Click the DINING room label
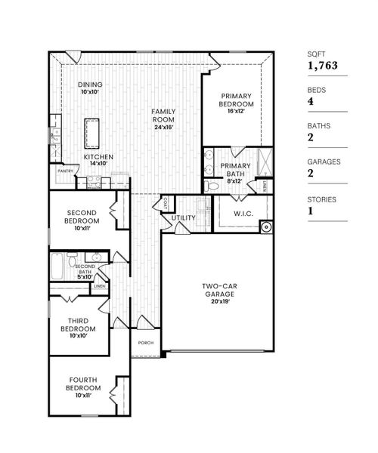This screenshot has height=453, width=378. click(90, 85)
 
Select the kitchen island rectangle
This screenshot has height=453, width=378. click(93, 133)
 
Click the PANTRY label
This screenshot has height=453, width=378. click(65, 171)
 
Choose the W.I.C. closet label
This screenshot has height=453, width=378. click(243, 213)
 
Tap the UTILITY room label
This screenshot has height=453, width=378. click(184, 218)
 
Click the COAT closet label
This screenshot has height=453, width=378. click(165, 202)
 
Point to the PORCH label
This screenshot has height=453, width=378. click(146, 342)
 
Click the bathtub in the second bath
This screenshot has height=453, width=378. click(57, 266)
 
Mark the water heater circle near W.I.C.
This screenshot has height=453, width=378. click(265, 225)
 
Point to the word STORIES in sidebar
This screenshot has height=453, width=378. click(318, 199)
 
